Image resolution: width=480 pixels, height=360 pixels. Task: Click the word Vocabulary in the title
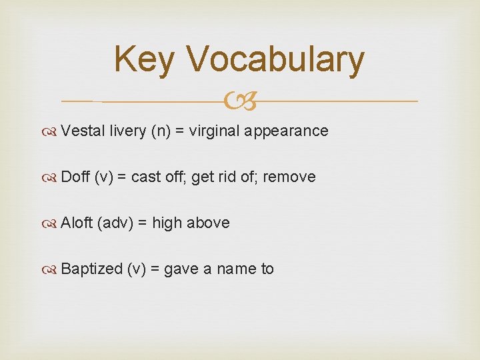coord(276,60)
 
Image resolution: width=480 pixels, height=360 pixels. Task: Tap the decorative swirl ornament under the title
coord(240,102)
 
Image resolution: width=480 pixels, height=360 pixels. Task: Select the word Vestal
coord(83,131)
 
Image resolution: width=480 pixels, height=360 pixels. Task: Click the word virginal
coord(214,131)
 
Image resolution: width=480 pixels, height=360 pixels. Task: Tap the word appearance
coord(286,131)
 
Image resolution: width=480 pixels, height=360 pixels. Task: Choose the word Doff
coord(75,177)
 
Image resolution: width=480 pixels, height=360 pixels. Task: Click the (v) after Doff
coord(104,177)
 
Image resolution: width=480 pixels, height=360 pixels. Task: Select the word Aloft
coord(77,223)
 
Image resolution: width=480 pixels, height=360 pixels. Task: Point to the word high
coord(167,223)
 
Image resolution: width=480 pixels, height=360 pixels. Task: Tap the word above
coord(208,223)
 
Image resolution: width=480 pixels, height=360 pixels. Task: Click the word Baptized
coord(92,269)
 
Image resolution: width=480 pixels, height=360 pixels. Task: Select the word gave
coord(179,269)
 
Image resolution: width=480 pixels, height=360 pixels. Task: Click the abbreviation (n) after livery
coord(161,131)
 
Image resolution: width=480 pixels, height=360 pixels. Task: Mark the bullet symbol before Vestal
coord(51,131)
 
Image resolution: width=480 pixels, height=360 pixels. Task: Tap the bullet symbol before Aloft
coord(51,223)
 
